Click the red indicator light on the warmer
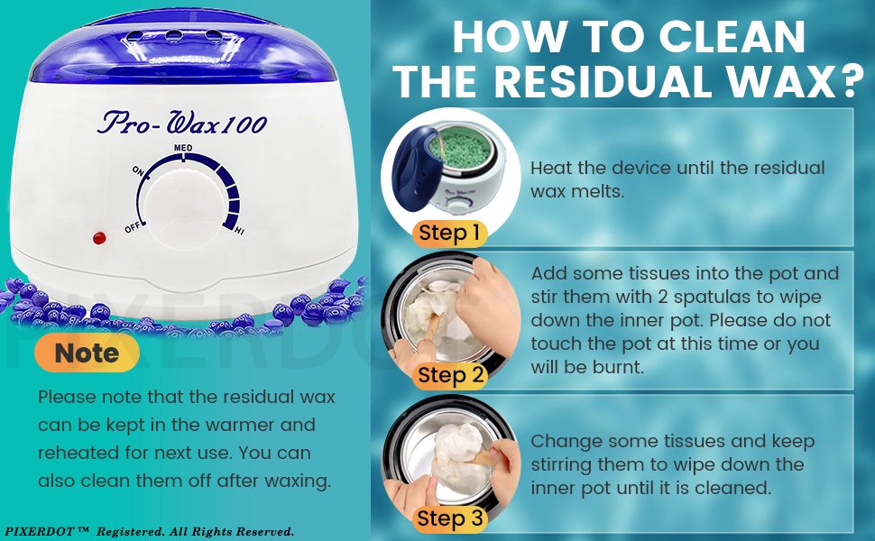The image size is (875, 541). coord(98,238)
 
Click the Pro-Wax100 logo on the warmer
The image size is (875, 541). coord(181,122)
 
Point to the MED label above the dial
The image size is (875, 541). coord(182,146)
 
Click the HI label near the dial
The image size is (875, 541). coord(239,232)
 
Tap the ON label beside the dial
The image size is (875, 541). coord(139,170)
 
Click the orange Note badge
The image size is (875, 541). coord(87,353)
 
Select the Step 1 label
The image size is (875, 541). coord(449,234)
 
